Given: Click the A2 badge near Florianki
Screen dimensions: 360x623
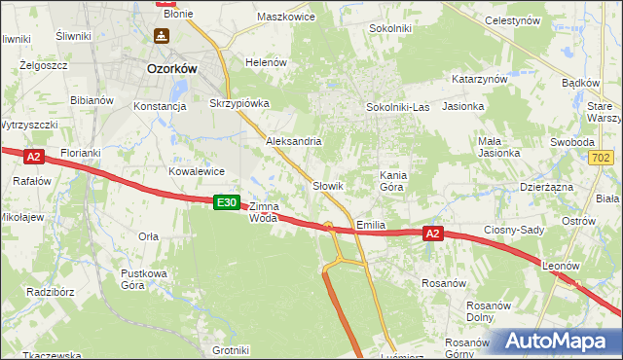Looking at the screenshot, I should click(34, 156).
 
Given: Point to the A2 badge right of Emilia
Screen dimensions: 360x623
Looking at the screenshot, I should click(434, 234).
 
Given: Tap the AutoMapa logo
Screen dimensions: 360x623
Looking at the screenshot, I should click(561, 342).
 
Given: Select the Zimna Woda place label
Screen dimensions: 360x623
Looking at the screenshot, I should click(264, 212).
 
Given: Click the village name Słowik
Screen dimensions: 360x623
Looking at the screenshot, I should click(328, 185).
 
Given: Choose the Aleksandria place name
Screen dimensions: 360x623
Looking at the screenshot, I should click(294, 141).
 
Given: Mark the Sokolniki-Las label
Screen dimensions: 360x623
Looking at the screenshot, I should click(397, 107).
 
